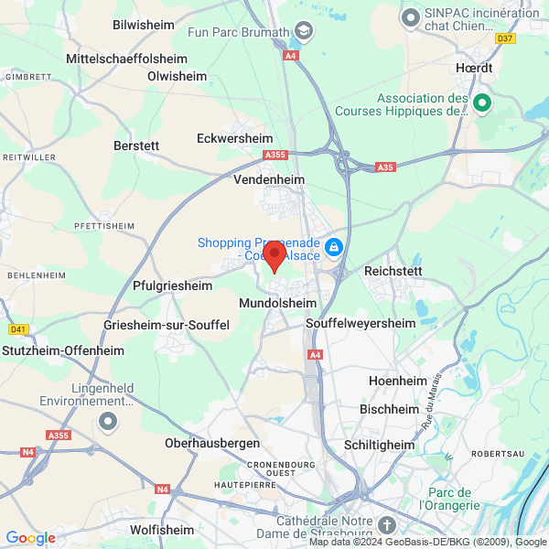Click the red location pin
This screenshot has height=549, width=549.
(274, 254)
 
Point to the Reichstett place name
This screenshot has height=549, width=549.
(397, 272)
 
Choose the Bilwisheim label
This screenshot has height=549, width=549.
(144, 25)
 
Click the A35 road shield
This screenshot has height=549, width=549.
(385, 167)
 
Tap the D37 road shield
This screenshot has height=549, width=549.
(505, 38)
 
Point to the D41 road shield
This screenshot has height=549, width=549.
(18, 329)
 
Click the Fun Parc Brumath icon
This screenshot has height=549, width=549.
(303, 32)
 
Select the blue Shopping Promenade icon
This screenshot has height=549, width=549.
(335, 248)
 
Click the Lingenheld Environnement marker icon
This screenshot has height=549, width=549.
(109, 422)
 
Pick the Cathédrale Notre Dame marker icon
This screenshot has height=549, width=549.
(387, 525)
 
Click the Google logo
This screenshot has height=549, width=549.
(31, 538)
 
